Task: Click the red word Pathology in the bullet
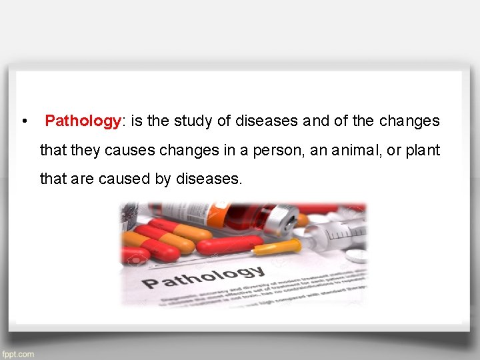pos(82,121)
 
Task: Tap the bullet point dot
pos(24,122)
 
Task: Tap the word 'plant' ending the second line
pos(423,151)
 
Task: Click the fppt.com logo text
pos(18,354)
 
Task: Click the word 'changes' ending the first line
pos(409,121)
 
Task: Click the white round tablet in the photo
pos(357,256)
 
